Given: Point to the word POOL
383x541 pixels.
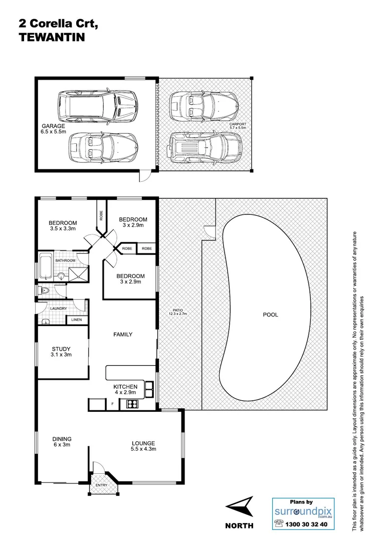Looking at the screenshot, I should [x=270, y=315].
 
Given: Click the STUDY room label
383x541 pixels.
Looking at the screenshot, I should [x=61, y=349].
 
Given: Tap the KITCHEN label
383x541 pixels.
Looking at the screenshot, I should [x=125, y=387].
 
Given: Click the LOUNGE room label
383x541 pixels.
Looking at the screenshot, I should [x=143, y=443].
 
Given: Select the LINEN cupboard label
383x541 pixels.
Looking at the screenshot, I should [x=77, y=320].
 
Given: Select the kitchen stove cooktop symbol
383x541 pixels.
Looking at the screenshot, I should [x=132, y=403].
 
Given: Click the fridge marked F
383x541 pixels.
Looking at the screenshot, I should [x=112, y=404].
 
